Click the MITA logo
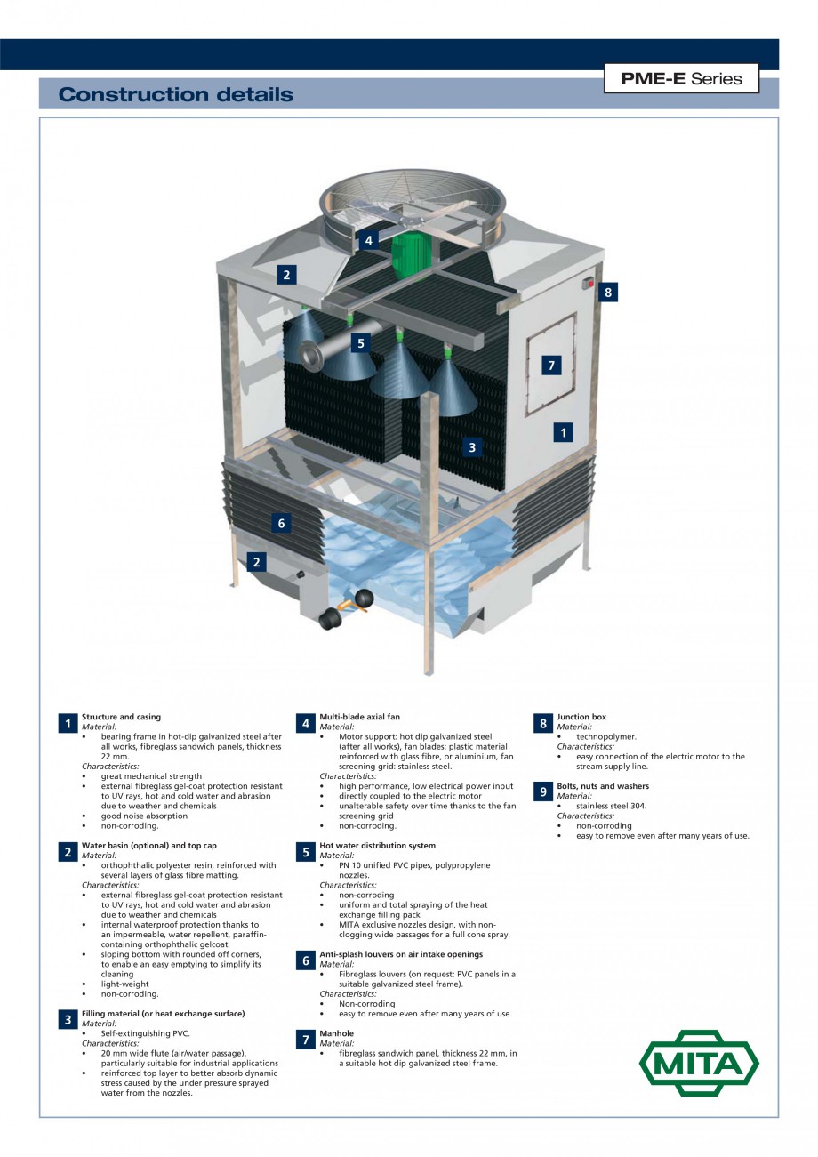(700, 1063)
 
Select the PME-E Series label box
(682, 78)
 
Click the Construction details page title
(175, 94)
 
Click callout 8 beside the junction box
(607, 293)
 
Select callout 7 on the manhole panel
(551, 365)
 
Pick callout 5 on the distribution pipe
(360, 342)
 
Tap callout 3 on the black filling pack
(472, 447)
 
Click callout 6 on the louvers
(281, 524)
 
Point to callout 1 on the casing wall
(562, 432)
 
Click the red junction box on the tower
(588, 284)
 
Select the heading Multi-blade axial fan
(359, 717)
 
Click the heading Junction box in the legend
(581, 717)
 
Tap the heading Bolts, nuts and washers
(603, 786)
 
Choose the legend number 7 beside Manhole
(305, 1040)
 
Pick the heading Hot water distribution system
(377, 846)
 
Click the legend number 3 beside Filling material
(68, 1019)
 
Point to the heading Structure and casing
(121, 717)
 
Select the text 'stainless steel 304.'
(611, 806)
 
